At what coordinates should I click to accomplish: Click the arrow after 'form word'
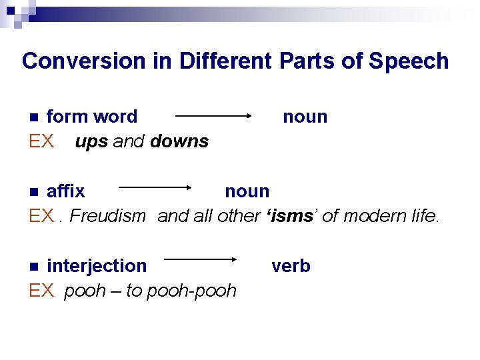pyautogui.click(x=213, y=116)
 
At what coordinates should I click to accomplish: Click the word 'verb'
pyautogui.click(x=291, y=266)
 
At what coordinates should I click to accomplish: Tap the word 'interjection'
pyautogui.click(x=97, y=266)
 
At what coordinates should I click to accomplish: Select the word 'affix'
pyautogui.click(x=65, y=191)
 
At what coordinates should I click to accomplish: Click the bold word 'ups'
pyautogui.click(x=91, y=142)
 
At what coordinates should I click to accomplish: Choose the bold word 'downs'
pyautogui.click(x=179, y=142)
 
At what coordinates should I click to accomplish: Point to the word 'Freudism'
pyautogui.click(x=107, y=216)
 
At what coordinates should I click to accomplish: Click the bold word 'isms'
pyautogui.click(x=285, y=216)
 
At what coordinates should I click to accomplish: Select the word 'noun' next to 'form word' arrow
pyautogui.click(x=305, y=117)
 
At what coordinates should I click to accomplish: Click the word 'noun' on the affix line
pyautogui.click(x=247, y=191)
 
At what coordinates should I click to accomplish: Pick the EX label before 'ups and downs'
pyautogui.click(x=41, y=142)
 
